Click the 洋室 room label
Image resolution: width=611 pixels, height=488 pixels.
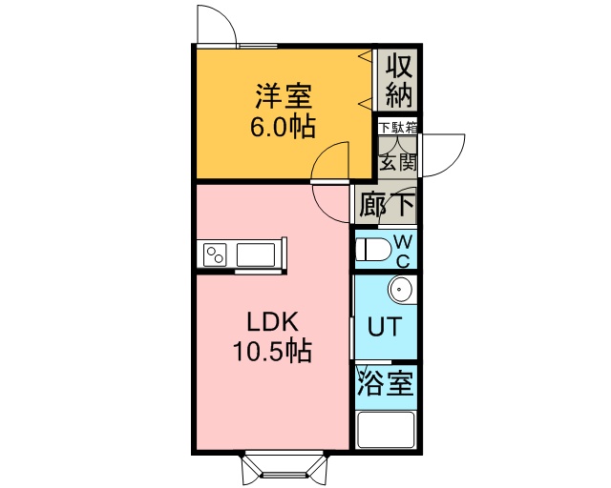(x=284, y=96)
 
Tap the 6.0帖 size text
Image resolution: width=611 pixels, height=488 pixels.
(x=283, y=127)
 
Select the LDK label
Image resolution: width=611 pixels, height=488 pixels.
(x=273, y=323)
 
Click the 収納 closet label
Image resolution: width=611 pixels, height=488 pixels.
(x=399, y=81)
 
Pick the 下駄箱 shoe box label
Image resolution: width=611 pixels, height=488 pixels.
(x=398, y=128)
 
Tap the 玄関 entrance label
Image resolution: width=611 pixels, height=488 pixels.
(x=398, y=162)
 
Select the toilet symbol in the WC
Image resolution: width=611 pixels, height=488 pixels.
(x=373, y=250)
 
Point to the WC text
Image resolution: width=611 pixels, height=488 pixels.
(x=403, y=252)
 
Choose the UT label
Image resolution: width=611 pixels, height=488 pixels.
(x=385, y=327)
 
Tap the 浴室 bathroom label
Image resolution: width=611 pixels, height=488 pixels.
(x=385, y=382)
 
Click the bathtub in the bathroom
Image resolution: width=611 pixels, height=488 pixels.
(x=386, y=429)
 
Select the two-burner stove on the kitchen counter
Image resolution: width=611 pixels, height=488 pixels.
(x=216, y=254)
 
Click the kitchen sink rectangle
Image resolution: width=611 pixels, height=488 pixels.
(x=256, y=254)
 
